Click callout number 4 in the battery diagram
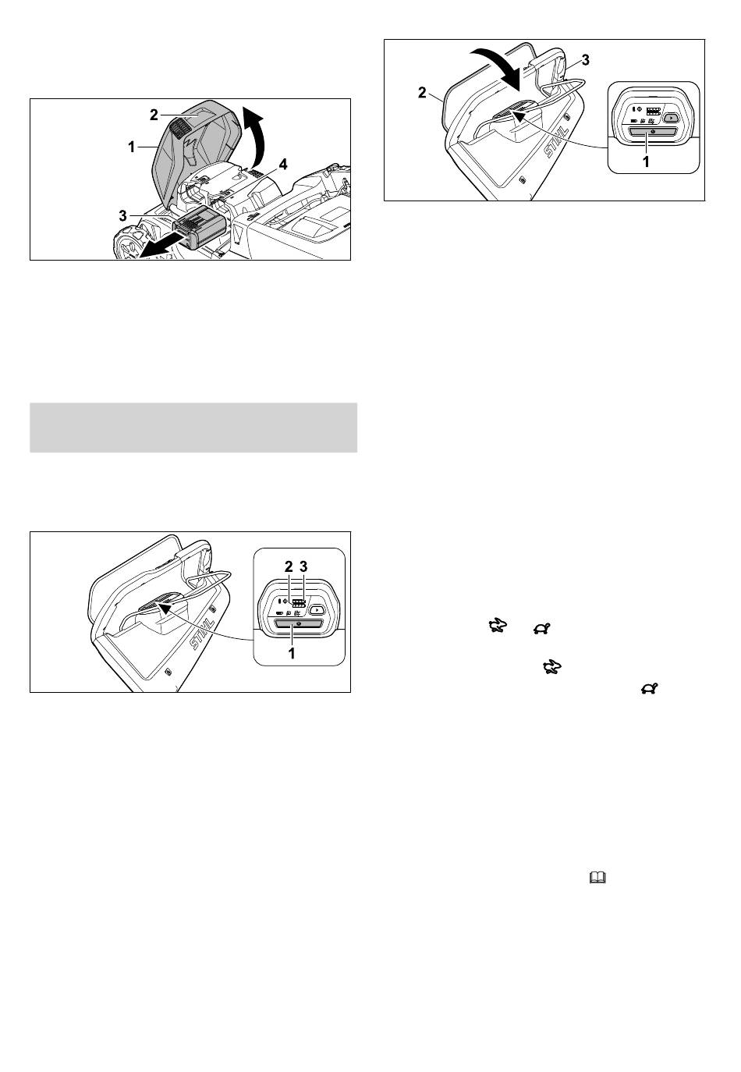283,165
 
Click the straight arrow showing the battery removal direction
158,244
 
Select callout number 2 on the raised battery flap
154,115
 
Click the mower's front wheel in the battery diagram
129,243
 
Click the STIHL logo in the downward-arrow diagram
557,142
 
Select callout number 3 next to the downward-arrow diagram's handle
585,60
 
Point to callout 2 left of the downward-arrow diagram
422,92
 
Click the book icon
597,877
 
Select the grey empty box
193,428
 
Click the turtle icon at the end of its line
649,689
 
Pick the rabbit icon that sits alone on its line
552,666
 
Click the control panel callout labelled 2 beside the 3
289,566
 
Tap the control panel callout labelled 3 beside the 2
303,566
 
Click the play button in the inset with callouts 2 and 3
317,610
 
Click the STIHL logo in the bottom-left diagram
202,634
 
